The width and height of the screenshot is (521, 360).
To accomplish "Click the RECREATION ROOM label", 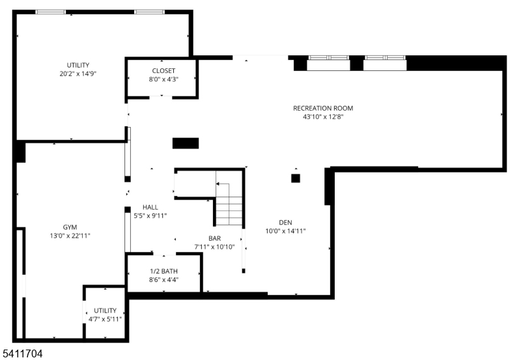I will click(x=323, y=108).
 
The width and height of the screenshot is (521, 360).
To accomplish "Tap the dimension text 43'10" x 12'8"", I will click(x=323, y=117).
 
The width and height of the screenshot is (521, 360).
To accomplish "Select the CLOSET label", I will click(x=163, y=70).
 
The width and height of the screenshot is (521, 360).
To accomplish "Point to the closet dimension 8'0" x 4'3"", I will click(x=163, y=79).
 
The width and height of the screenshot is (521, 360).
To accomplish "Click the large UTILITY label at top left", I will click(x=78, y=64).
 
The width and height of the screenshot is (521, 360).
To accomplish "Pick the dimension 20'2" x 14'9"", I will click(x=78, y=74).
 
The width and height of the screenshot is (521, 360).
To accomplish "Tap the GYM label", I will click(x=70, y=227).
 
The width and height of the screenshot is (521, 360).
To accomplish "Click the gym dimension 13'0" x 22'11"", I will click(x=70, y=236).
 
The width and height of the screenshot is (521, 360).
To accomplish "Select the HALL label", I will click(x=150, y=207).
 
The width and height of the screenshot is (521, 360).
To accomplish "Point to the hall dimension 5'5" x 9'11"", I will click(x=150, y=215).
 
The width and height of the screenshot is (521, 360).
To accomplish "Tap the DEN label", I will click(x=286, y=221).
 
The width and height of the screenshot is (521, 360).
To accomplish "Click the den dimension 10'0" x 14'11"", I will click(x=286, y=230).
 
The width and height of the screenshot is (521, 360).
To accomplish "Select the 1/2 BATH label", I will click(x=164, y=271).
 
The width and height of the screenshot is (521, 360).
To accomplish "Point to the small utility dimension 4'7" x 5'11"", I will click(x=105, y=319).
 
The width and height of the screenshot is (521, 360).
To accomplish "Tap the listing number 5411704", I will click(x=23, y=353).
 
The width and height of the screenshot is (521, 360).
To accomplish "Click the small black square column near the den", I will click(x=295, y=178).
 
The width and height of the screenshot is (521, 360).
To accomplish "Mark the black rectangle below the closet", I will click(x=186, y=143).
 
